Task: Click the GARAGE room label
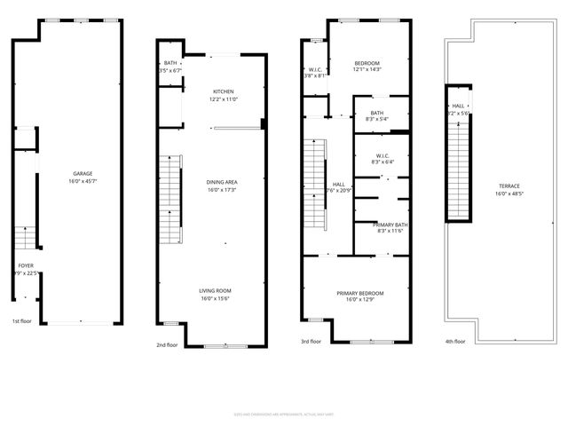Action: click(x=83, y=173)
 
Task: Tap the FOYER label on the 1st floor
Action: click(x=28, y=264)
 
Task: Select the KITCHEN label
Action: click(x=224, y=91)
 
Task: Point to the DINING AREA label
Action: click(x=222, y=182)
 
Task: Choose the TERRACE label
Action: click(x=508, y=185)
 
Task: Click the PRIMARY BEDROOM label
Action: click(x=359, y=293)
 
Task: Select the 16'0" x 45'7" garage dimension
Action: click(x=83, y=181)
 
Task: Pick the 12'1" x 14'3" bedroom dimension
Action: click(x=367, y=70)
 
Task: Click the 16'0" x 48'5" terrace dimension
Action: click(x=508, y=193)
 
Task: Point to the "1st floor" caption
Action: click(x=22, y=320)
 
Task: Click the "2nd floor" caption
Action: click(x=167, y=345)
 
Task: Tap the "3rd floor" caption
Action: click(x=311, y=340)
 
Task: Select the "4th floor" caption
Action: click(x=455, y=340)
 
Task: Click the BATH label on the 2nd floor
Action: click(x=170, y=63)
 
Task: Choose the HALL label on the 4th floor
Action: click(x=458, y=106)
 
